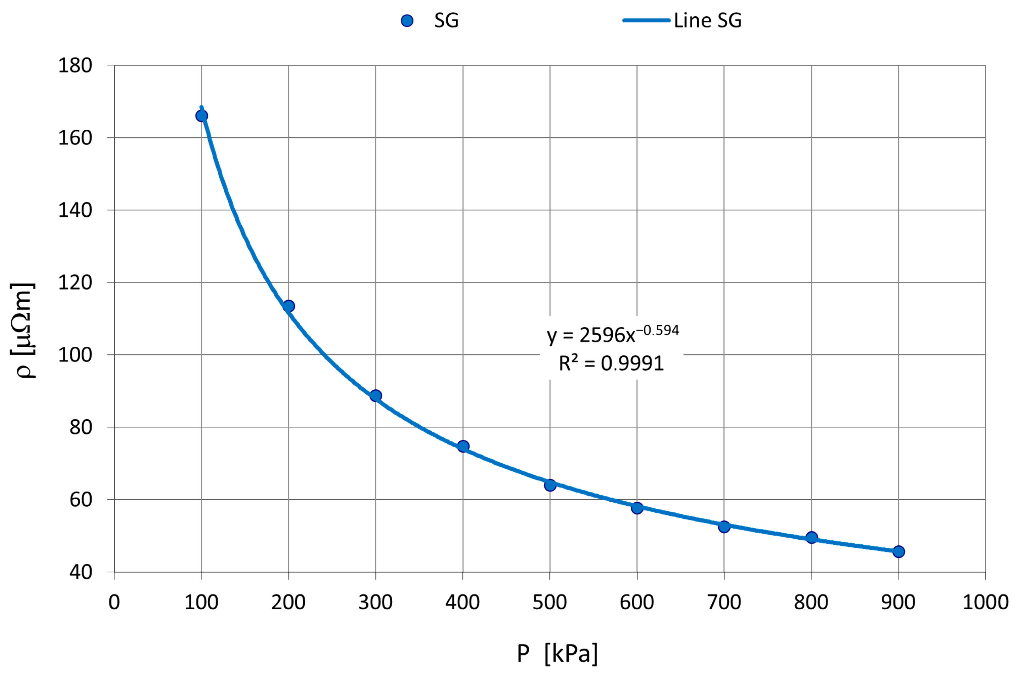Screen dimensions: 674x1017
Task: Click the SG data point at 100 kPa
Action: pyautogui.click(x=201, y=115)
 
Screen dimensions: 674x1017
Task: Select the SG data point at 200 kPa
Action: pyautogui.click(x=289, y=306)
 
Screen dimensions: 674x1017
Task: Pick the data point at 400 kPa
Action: pyautogui.click(x=463, y=446)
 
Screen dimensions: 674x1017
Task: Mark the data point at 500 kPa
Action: pyautogui.click(x=550, y=485)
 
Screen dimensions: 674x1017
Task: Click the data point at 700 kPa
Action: pyautogui.click(x=724, y=527)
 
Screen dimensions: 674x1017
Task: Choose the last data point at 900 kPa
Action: pyautogui.click(x=898, y=551)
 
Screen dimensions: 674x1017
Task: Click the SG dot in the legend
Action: pyautogui.click(x=407, y=20)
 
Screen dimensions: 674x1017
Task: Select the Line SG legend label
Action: pyautogui.click(x=707, y=20)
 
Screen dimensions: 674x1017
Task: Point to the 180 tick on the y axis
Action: pyautogui.click(x=75, y=66)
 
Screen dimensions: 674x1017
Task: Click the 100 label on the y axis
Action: pyautogui.click(x=75, y=355)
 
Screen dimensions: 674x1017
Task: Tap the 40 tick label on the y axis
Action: pyautogui.click(x=80, y=572)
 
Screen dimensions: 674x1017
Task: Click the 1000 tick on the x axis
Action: pyautogui.click(x=985, y=602)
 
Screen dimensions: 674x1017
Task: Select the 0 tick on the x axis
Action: pyautogui.click(x=114, y=602)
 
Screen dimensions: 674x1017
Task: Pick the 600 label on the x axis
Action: pyautogui.click(x=636, y=602)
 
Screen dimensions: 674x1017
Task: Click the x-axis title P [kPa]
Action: pyautogui.click(x=557, y=654)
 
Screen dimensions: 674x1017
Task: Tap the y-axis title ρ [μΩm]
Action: pyautogui.click(x=22, y=331)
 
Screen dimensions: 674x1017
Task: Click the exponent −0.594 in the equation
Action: pyautogui.click(x=657, y=330)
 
